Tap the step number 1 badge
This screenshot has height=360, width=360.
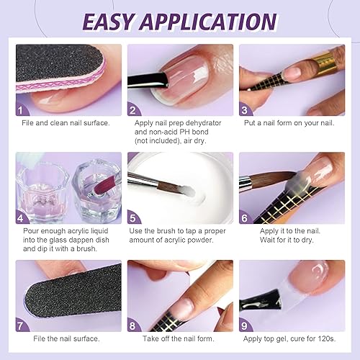point(23,110)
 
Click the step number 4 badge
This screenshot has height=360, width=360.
point(23,217)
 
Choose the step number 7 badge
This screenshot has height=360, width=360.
point(23,325)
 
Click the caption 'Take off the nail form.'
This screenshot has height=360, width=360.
point(176,338)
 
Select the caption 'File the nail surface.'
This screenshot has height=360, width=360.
point(62,338)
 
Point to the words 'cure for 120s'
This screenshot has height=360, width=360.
point(314,338)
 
